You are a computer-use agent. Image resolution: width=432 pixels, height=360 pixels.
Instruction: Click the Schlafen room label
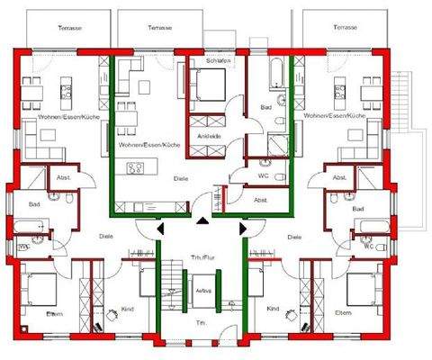(219, 60)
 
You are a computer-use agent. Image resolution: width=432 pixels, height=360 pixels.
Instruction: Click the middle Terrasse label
(159, 29)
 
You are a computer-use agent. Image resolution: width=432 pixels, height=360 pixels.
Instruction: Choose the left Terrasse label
(69, 29)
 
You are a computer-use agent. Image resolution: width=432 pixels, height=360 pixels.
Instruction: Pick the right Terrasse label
(345, 29)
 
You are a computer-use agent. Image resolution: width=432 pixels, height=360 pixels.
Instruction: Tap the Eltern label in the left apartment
(55, 313)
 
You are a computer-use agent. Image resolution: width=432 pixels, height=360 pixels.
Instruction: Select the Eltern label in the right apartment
(343, 312)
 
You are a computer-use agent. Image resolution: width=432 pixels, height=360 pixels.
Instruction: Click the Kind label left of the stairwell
(128, 309)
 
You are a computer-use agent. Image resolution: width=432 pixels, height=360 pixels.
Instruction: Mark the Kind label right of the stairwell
(273, 309)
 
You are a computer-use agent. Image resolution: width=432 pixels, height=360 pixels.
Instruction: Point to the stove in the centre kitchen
(138, 167)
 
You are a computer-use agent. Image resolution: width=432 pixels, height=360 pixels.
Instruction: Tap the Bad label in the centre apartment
(266, 106)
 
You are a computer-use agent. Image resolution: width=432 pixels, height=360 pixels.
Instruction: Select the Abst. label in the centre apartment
(260, 199)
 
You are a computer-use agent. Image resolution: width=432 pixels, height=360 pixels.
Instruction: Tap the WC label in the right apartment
(368, 244)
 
